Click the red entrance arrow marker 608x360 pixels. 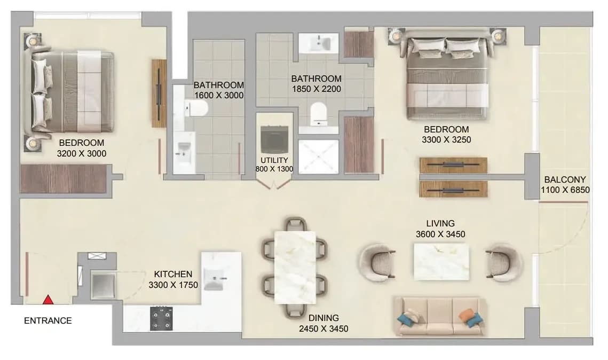click(48, 300)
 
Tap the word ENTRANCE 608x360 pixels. click(48, 321)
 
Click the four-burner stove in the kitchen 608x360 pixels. click(161, 318)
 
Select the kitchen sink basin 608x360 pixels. click(214, 278)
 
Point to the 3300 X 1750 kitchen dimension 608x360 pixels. click(173, 285)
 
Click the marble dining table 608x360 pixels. click(295, 267)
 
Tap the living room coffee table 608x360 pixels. click(441, 261)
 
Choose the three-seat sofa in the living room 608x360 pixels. click(440, 316)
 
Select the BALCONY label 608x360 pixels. click(565, 179)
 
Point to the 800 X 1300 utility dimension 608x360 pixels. click(274, 169)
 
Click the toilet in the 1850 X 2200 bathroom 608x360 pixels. click(319, 114)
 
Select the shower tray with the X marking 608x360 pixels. click(318, 156)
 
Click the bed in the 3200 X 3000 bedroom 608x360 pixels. click(70, 91)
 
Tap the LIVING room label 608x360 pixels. click(440, 223)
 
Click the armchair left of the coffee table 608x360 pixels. click(377, 263)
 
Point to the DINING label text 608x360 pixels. click(323, 318)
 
